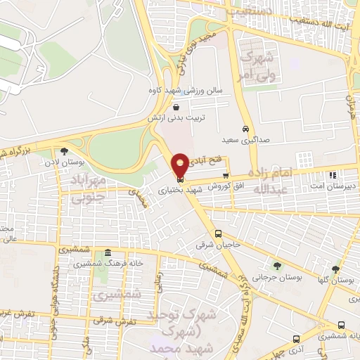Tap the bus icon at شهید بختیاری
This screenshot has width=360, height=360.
180,177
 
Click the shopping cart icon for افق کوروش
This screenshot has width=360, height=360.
226,176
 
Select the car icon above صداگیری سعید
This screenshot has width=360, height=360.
245,129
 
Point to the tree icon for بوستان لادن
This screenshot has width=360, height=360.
64,151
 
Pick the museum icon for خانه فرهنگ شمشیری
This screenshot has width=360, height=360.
107,253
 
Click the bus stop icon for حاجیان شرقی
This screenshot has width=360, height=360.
219,233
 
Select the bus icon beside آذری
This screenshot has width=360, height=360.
297,338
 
